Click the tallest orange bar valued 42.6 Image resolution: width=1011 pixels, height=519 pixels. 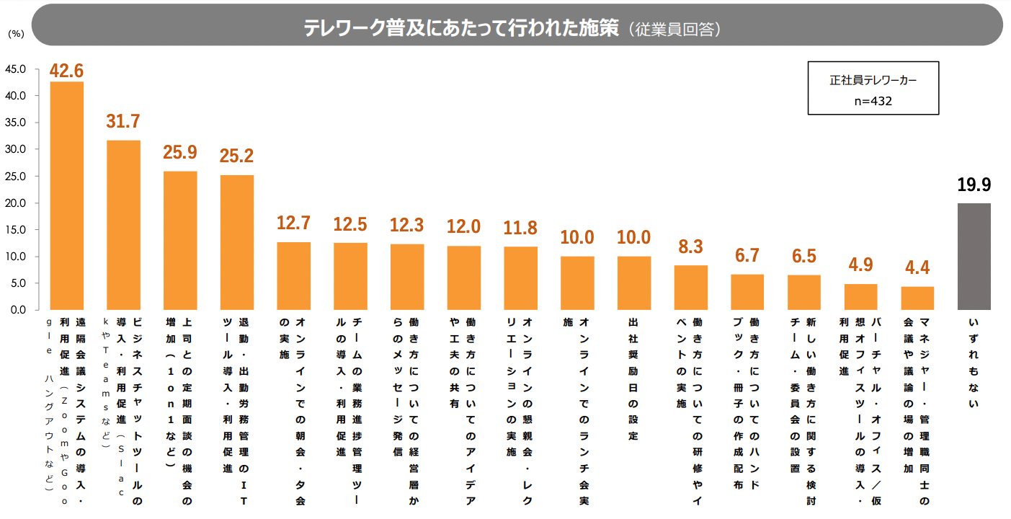[66, 195]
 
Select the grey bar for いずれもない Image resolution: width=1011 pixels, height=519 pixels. [974, 257]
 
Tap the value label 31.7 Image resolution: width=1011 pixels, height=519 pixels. [123, 121]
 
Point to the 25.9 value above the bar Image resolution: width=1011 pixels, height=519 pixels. [180, 152]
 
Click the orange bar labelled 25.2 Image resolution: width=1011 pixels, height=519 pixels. [237, 242]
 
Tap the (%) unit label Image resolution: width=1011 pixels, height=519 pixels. [16, 34]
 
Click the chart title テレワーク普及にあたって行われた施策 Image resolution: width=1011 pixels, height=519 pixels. [460, 28]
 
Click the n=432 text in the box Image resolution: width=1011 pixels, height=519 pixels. [873, 101]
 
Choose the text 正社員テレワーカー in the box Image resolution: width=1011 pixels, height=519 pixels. [873, 81]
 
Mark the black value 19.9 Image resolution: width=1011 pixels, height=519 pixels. [974, 185]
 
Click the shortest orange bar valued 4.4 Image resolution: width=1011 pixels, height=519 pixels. [917, 298]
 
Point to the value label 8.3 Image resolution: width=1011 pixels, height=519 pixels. [690, 247]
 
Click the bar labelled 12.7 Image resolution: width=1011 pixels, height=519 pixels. [294, 276]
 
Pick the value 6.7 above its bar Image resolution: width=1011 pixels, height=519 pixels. [747, 256]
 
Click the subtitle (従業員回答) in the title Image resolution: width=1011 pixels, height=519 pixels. [674, 29]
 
